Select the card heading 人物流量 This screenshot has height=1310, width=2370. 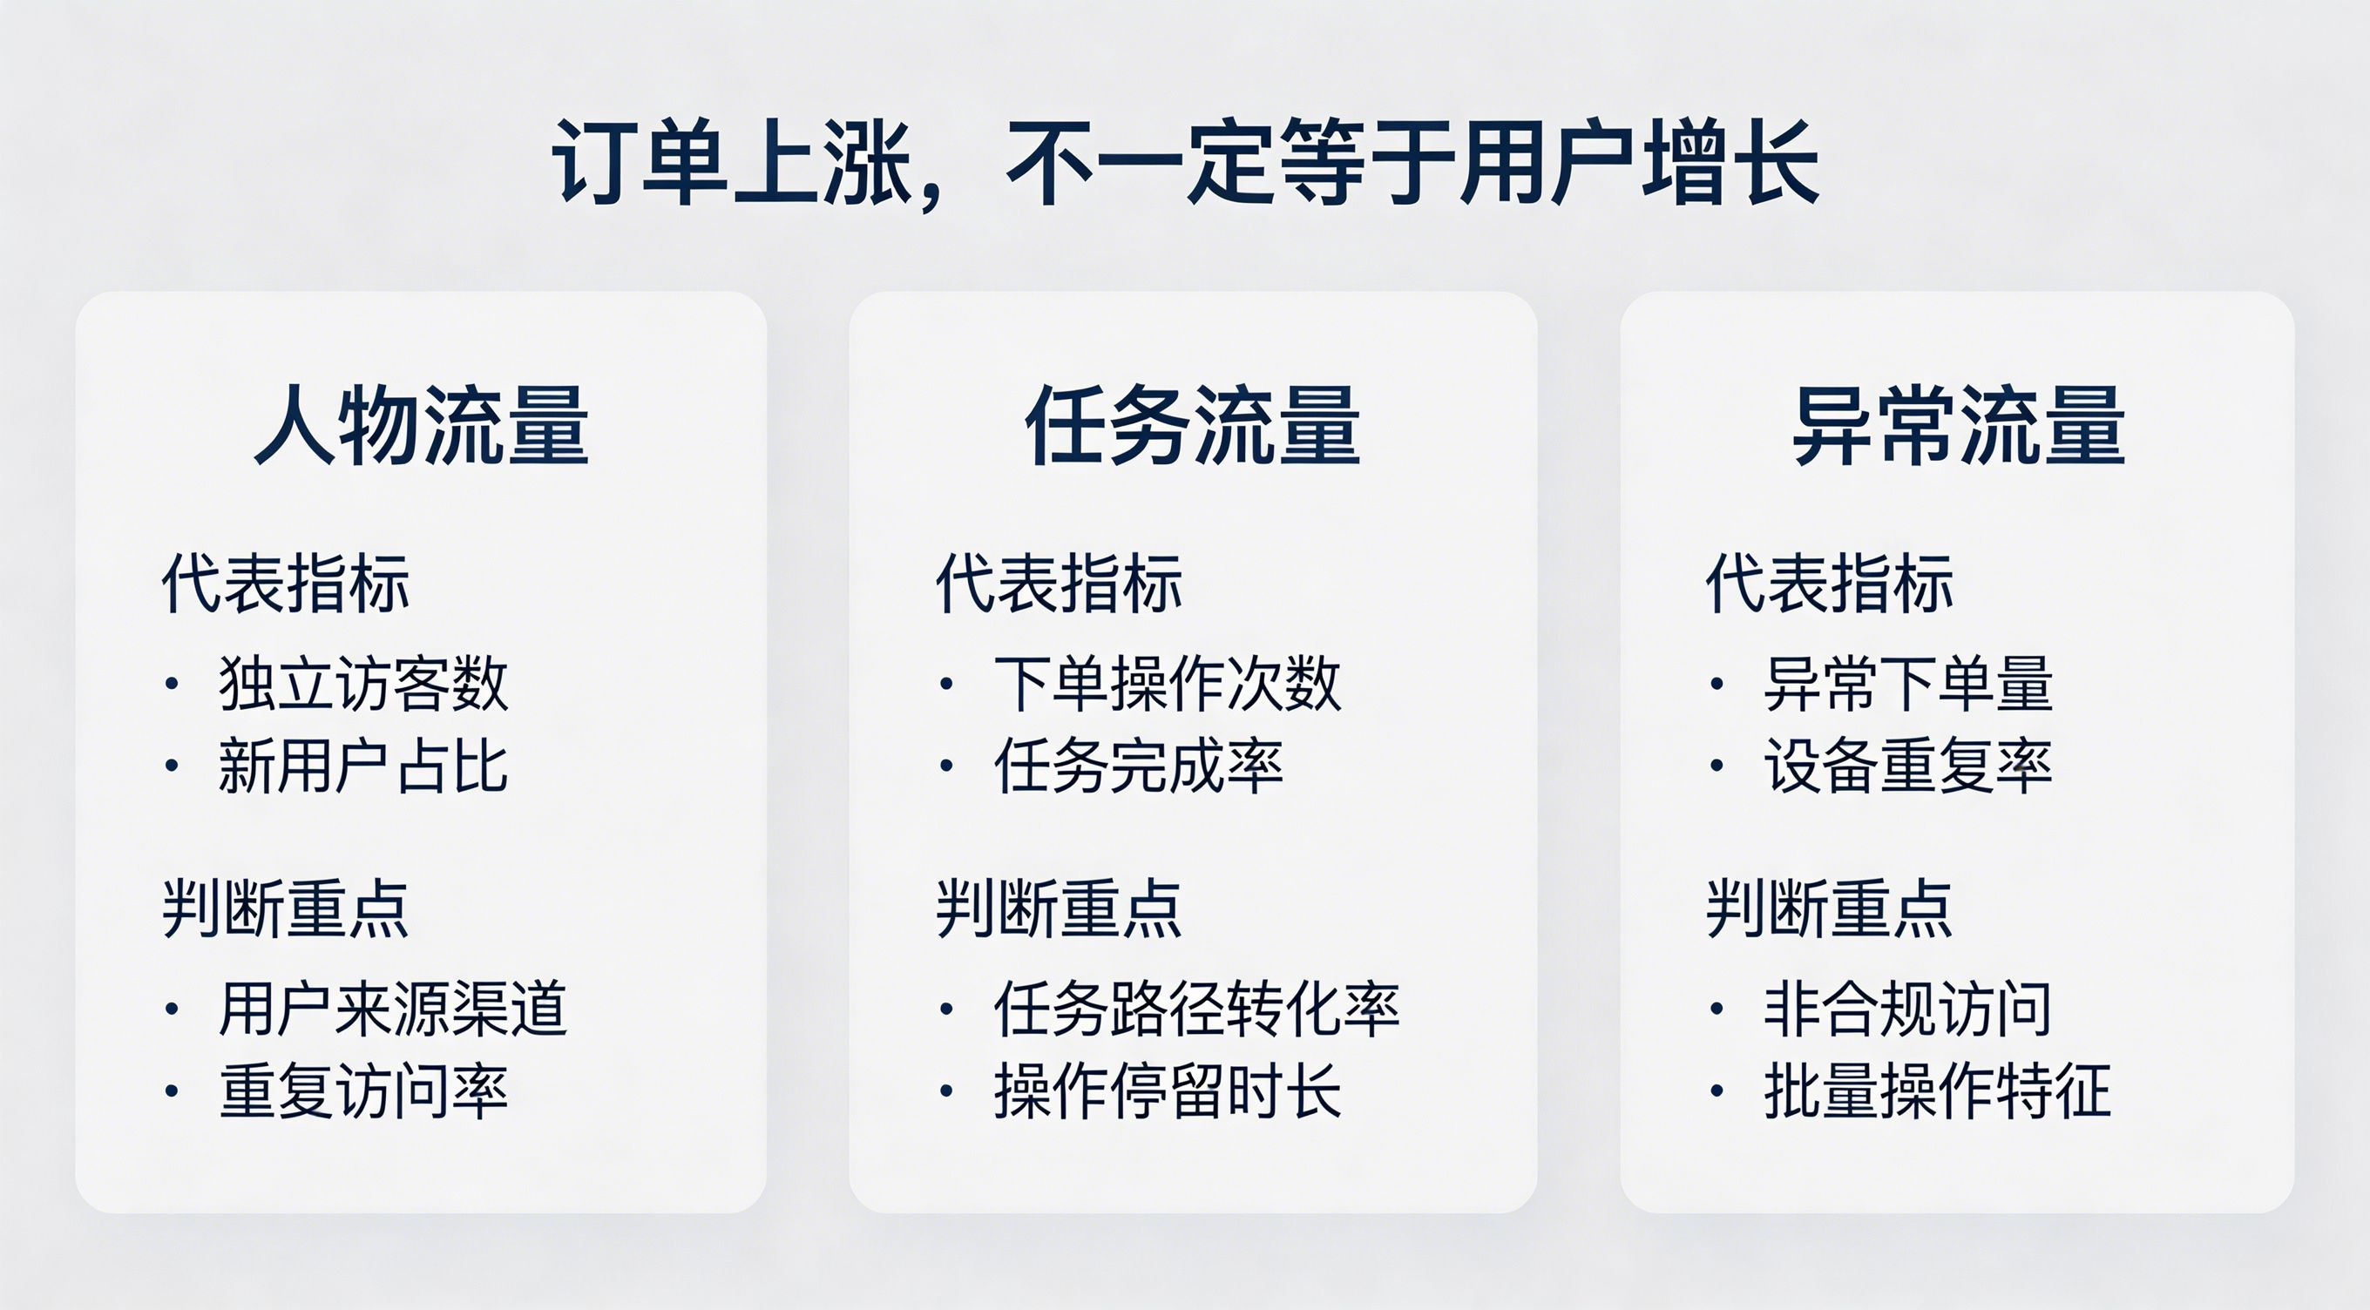coord(422,425)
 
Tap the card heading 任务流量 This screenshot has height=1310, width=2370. coord(1194,425)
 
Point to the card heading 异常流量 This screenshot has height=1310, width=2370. coord(1959,425)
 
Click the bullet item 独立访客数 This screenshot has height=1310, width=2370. coord(363,684)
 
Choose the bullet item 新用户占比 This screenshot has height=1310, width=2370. coord(363,766)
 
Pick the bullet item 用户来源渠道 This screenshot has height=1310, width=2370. coord(393,1010)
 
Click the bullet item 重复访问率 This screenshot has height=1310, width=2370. coord(363,1091)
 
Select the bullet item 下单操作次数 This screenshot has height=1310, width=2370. coord(1168,684)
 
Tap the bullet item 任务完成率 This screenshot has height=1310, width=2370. coord(1138,766)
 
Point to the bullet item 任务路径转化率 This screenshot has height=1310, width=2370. coord(1197,1010)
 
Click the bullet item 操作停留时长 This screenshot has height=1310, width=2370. coord(1168,1091)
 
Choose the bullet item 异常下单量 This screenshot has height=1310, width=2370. coord(1908,684)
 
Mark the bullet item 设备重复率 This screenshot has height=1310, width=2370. coord(1908,766)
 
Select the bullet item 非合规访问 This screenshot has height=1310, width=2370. coord(1908,1010)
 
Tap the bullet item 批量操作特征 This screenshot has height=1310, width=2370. coord(1938,1091)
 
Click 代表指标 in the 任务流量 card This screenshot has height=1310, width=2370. coord(1059,584)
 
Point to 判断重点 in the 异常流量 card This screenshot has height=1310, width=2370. coord(1830,909)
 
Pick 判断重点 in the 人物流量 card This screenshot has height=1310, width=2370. coord(285,909)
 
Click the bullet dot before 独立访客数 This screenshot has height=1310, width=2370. coord(172,684)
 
